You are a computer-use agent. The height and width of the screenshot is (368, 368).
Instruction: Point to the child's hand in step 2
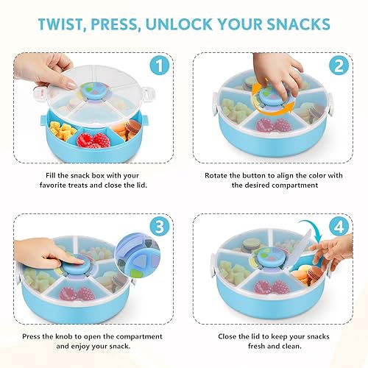[x=276, y=70]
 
